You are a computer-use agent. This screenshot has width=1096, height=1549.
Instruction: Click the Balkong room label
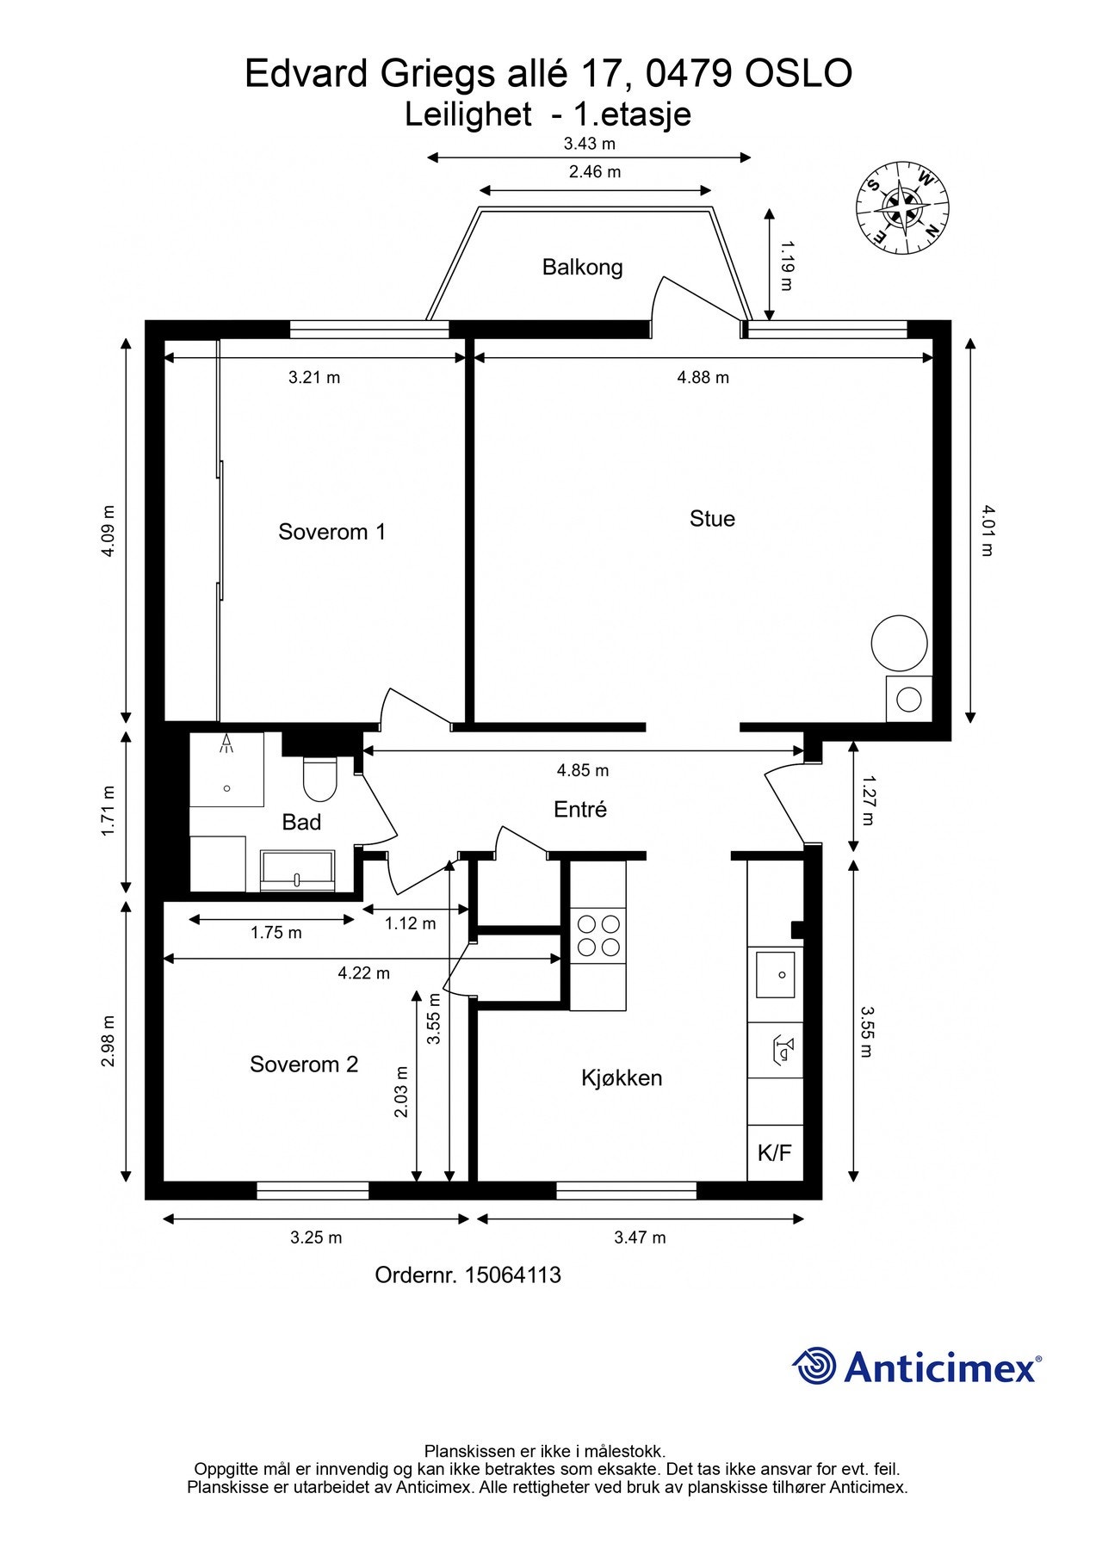coord(582,267)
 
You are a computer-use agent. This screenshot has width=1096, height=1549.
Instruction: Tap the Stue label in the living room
coord(712,518)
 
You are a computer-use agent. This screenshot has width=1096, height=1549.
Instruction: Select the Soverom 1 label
coord(331,532)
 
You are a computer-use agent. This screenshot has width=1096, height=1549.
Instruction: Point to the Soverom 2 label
coord(304,1065)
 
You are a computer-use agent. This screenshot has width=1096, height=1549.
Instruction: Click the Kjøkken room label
coord(622,1078)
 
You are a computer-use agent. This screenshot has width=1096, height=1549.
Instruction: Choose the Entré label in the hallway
coord(580,809)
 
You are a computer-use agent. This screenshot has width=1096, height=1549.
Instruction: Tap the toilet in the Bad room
coord(319,777)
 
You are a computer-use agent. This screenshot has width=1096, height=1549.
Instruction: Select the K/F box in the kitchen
coord(775,1152)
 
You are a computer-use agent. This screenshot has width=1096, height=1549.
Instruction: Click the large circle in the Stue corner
coord(899,643)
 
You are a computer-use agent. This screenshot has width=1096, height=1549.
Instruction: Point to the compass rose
coord(902,209)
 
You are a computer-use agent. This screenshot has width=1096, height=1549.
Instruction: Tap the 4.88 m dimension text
coord(703,377)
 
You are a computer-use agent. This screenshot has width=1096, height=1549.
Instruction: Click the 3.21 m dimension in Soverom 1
coord(314,377)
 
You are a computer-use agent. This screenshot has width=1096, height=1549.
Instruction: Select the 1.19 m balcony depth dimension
coord(785,266)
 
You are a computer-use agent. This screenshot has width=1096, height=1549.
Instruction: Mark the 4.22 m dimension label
coord(363,973)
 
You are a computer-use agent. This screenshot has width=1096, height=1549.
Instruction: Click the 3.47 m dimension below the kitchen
coord(640,1237)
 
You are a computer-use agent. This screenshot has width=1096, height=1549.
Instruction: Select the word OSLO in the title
coord(798,74)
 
